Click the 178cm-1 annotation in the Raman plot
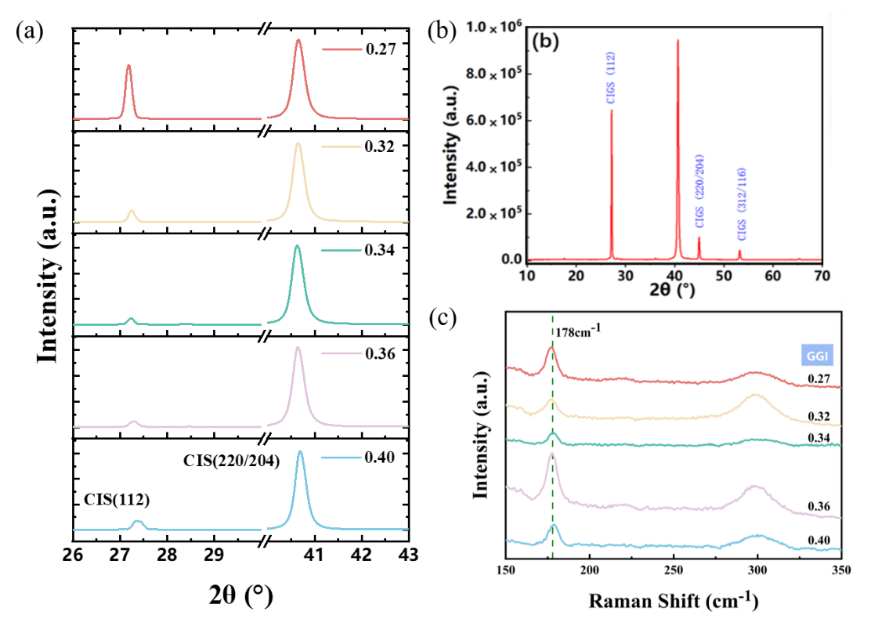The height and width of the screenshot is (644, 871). pyautogui.click(x=579, y=331)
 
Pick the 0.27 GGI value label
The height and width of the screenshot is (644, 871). pyautogui.click(x=819, y=379)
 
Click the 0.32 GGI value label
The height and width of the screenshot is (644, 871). pyautogui.click(x=819, y=416)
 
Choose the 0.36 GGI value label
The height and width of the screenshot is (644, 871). pyautogui.click(x=819, y=506)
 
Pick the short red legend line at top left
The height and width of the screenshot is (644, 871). pyautogui.click(x=342, y=49)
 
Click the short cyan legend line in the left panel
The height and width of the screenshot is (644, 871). pyautogui.click(x=342, y=458)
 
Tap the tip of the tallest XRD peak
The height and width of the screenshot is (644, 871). pyautogui.click(x=678, y=40)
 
